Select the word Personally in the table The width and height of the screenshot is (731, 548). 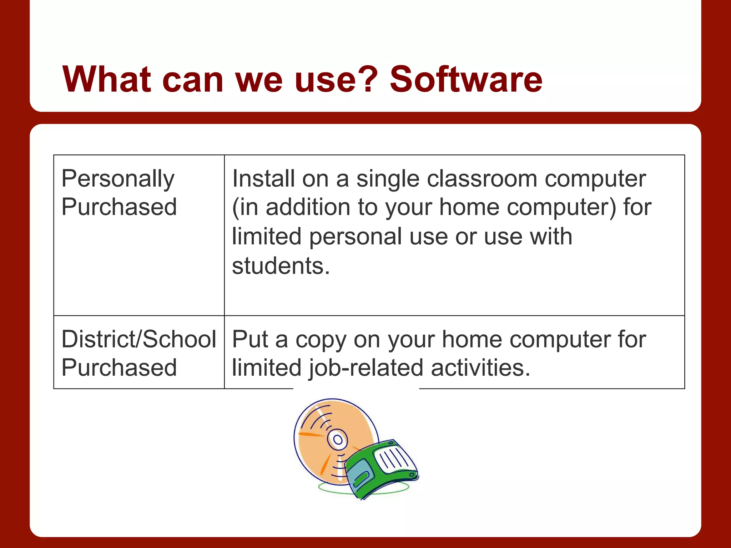[x=118, y=179]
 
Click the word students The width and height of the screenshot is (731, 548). [x=281, y=266]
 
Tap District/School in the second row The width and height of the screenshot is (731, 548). [x=138, y=339]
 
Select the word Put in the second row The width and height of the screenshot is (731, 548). [x=250, y=339]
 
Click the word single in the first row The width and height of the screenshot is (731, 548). [x=388, y=179]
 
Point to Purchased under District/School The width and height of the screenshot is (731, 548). [x=119, y=368]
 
